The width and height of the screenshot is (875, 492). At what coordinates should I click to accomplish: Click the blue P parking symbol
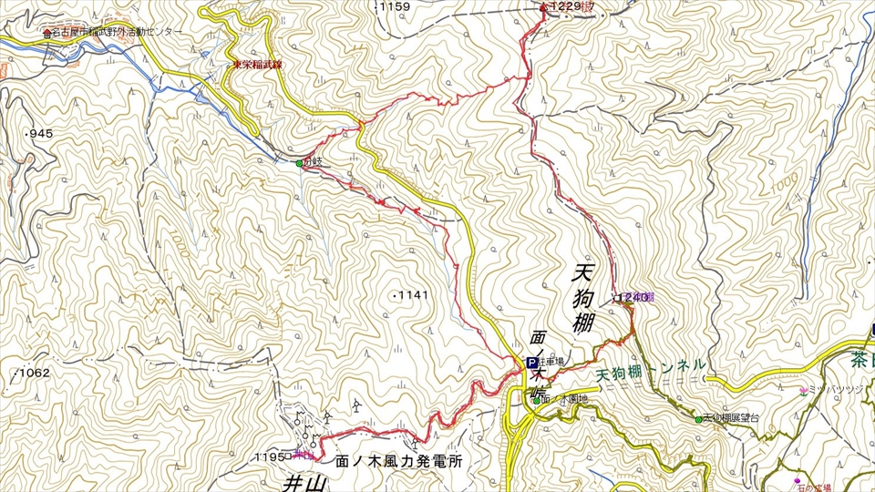click(531, 363)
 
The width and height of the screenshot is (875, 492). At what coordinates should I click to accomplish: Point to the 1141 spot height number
click(411, 295)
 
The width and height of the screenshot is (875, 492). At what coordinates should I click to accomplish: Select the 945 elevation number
click(42, 134)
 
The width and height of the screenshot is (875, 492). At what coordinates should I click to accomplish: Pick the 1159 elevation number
click(396, 6)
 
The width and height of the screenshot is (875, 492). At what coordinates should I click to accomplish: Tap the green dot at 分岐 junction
click(299, 164)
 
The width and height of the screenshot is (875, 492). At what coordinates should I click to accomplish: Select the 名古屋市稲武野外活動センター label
click(118, 32)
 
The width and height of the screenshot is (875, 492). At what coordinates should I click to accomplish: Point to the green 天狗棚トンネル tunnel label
click(651, 368)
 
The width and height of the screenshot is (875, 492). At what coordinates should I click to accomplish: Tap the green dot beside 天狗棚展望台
click(699, 419)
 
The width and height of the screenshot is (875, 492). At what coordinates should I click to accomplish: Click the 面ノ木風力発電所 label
click(399, 462)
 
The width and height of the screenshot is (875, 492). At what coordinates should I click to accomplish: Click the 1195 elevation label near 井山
click(270, 456)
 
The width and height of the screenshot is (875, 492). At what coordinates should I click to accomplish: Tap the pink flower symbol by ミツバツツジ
click(803, 392)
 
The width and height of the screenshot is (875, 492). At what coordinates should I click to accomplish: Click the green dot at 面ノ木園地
click(535, 399)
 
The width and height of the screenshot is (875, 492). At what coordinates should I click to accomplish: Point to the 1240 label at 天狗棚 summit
click(634, 297)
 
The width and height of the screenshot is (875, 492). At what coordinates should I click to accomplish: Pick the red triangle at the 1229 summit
click(544, 7)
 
